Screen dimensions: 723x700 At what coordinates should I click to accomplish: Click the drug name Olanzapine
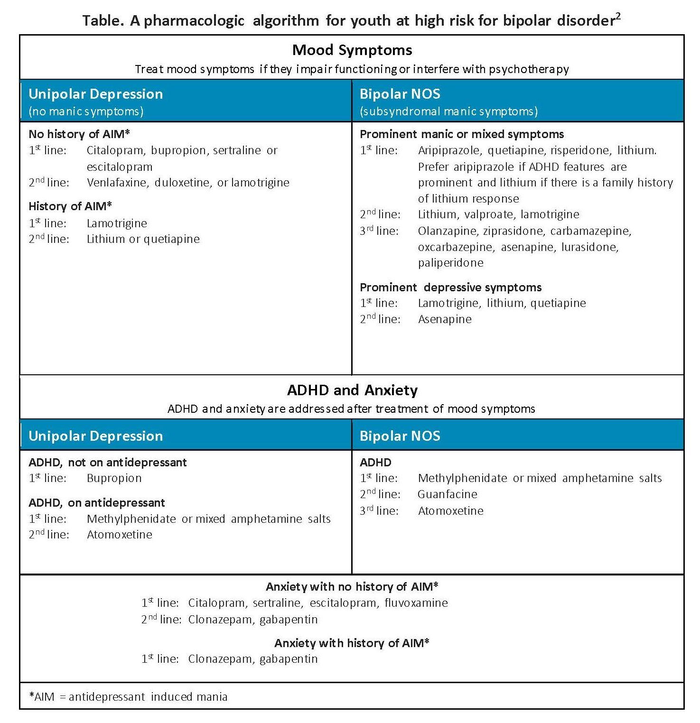click(448, 231)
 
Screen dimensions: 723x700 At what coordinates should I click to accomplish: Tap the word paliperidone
click(451, 263)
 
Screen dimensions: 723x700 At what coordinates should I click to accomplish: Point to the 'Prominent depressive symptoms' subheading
click(450, 287)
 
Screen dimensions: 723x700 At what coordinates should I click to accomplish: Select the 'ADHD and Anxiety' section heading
click(352, 390)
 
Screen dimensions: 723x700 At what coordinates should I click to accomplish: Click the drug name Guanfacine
click(448, 494)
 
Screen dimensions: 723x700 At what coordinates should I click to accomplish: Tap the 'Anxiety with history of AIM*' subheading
click(352, 643)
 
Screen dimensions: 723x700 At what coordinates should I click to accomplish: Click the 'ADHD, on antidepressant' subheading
click(97, 503)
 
